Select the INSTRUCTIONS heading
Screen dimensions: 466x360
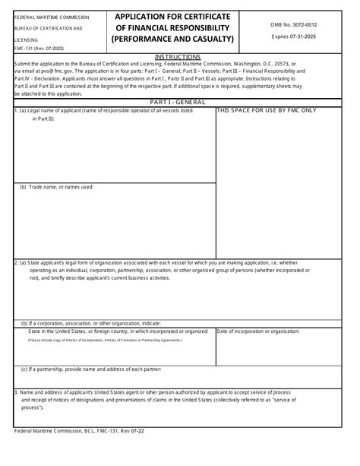[178, 57]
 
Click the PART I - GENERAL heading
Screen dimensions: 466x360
[178, 102]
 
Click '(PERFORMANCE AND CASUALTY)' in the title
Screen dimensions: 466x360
[172, 38]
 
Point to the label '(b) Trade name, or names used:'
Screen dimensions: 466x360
[57, 186]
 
